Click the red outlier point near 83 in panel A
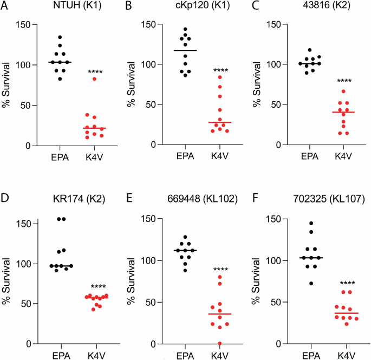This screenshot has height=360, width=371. (x=94, y=79)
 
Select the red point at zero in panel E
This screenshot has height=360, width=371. (x=220, y=343)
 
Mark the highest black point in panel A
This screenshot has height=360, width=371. (x=60, y=37)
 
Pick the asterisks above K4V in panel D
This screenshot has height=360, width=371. (x=95, y=287)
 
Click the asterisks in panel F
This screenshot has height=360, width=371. (x=347, y=283)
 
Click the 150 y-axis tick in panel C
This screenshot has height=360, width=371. (x=282, y=24)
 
